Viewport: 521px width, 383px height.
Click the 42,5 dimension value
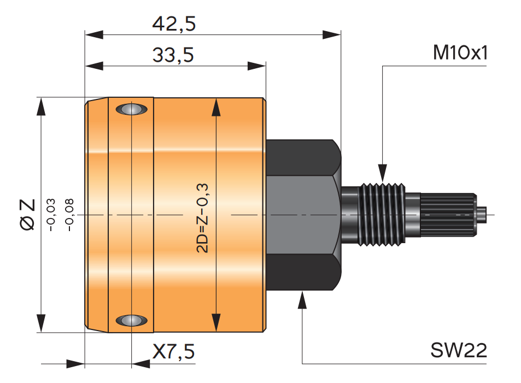(x=174, y=24)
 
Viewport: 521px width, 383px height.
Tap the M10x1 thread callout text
(x=460, y=53)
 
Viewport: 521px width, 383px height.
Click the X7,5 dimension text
(x=173, y=352)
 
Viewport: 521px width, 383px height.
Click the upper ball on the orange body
(x=132, y=109)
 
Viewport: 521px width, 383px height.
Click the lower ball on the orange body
(x=132, y=320)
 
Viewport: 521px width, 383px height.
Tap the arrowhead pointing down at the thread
(x=382, y=172)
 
